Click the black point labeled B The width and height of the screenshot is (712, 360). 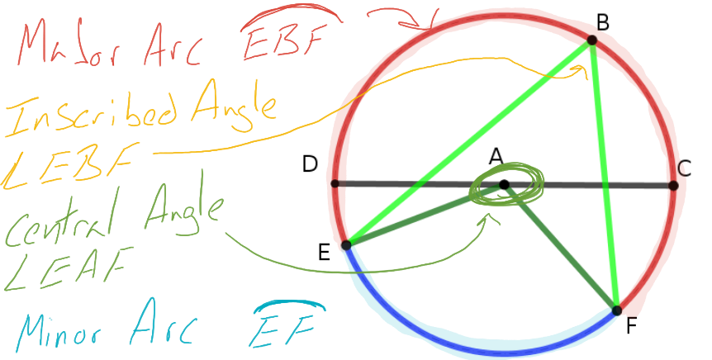[592, 40]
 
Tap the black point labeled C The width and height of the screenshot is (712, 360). [673, 186]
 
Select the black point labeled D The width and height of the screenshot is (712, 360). [335, 183]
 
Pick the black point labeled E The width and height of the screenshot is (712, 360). [347, 244]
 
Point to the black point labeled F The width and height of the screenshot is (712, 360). [616, 310]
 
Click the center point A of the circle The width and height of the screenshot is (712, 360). [504, 185]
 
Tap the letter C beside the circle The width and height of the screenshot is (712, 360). [685, 169]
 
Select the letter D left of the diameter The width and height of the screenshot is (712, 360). [311, 164]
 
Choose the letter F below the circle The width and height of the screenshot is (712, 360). [632, 327]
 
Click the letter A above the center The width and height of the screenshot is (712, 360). [496, 157]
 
